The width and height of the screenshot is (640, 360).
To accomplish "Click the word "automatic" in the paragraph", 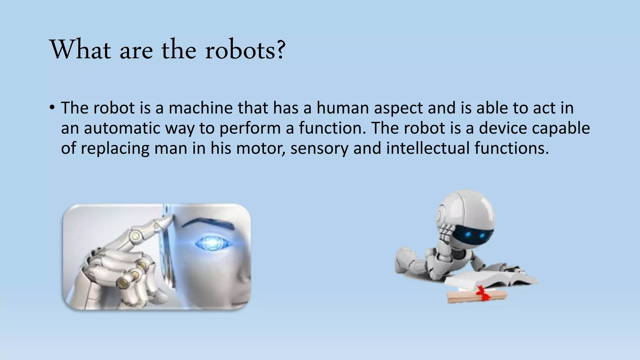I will (122, 128).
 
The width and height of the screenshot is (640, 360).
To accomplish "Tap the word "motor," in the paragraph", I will (260, 148).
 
